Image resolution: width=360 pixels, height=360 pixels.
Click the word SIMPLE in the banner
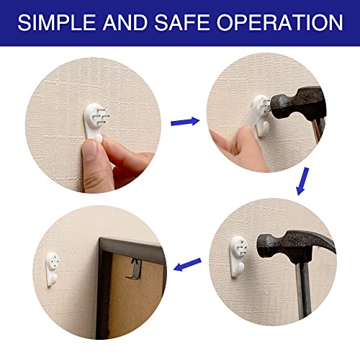[57, 22]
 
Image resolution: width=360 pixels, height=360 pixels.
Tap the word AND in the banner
[125, 22]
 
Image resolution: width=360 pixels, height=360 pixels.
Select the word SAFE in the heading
[181, 22]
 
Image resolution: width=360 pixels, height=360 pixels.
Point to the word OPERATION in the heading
[280, 22]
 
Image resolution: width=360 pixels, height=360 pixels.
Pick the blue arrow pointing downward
[302, 181]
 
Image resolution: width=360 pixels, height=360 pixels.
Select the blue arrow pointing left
[187, 264]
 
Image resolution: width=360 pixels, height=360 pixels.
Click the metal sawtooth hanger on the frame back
[135, 268]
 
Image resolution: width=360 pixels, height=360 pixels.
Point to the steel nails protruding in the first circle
[102, 114]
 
